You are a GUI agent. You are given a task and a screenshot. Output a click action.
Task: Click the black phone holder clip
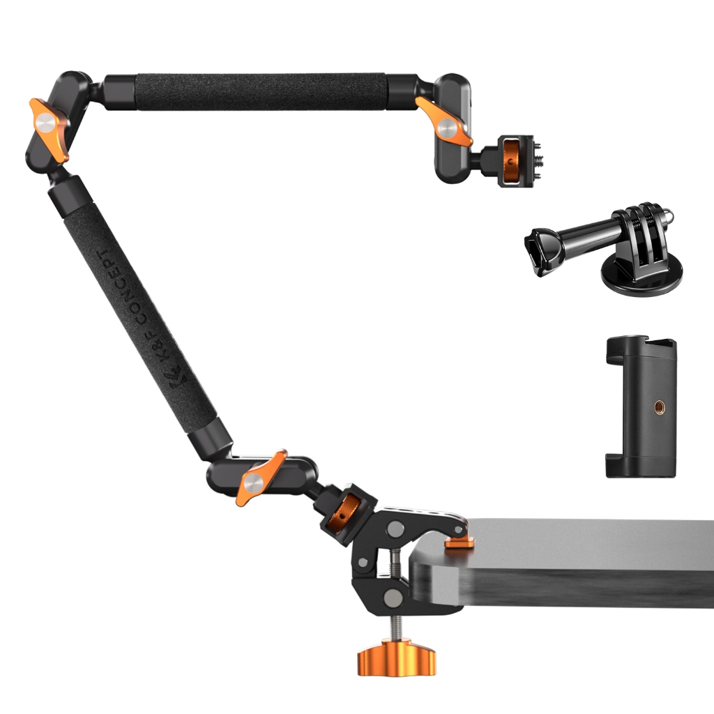pyautogui.click(x=641, y=407)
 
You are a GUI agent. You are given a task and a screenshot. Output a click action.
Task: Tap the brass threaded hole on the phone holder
pyautogui.click(x=658, y=406)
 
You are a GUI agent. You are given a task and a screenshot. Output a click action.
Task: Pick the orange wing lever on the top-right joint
pyautogui.click(x=444, y=121)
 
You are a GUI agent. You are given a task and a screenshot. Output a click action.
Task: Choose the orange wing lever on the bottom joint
pyautogui.click(x=261, y=478)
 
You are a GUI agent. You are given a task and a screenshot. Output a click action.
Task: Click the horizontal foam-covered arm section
pyautogui.click(x=260, y=92)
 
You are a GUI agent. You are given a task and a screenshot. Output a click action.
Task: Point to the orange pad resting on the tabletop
pyautogui.click(x=460, y=542)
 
